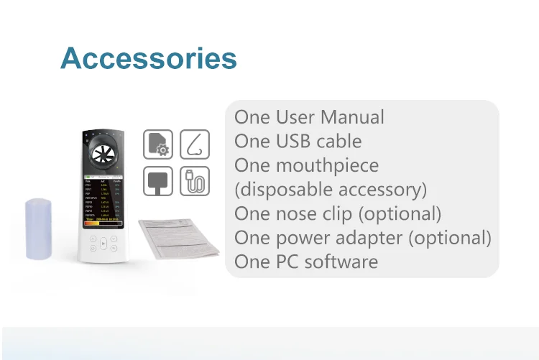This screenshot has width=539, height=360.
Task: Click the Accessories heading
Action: pyautogui.click(x=149, y=58)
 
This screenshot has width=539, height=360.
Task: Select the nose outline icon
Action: pyautogui.click(x=194, y=144)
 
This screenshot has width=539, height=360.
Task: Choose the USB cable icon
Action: pyautogui.click(x=194, y=181)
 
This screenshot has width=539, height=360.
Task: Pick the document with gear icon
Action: pyautogui.click(x=157, y=144)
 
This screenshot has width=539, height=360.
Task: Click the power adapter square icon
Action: pyautogui.click(x=157, y=181)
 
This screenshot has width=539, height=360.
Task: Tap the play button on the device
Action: pyautogui.click(x=103, y=244)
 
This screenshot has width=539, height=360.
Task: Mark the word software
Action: pyautogui.click(x=341, y=262)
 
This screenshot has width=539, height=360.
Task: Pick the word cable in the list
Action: pyautogui.click(x=340, y=142)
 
